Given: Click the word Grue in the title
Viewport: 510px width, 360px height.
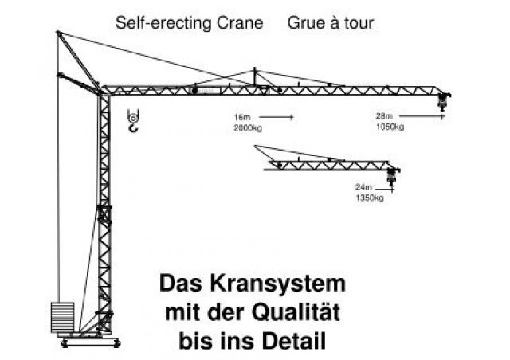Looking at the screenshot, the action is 304,23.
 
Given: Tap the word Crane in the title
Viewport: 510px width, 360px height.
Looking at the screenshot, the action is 240,23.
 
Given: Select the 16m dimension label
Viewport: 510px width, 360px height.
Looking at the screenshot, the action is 242,117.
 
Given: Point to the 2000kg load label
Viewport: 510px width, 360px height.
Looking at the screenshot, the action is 248,128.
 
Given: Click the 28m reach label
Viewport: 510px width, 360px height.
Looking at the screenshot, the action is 384,116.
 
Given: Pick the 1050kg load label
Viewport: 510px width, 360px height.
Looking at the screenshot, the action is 390,127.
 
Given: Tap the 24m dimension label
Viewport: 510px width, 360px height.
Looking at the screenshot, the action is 363,187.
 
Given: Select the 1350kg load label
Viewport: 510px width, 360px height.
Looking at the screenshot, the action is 370,198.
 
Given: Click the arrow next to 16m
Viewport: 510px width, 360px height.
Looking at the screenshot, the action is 277,117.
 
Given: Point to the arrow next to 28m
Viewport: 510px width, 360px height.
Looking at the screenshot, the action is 422,116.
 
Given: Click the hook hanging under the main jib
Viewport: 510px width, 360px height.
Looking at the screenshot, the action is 133,120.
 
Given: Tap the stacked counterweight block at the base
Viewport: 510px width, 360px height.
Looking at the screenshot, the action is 62,318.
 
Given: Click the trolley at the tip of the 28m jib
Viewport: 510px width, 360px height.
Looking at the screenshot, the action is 443,100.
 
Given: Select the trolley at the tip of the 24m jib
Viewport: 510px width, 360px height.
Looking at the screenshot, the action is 392,176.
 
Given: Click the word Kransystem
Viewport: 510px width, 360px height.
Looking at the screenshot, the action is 278,284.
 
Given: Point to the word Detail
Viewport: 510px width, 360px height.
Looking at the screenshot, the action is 294,341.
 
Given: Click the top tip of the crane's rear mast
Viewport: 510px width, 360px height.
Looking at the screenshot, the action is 58,32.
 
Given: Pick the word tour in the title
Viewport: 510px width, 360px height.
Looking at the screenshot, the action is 359,23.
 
